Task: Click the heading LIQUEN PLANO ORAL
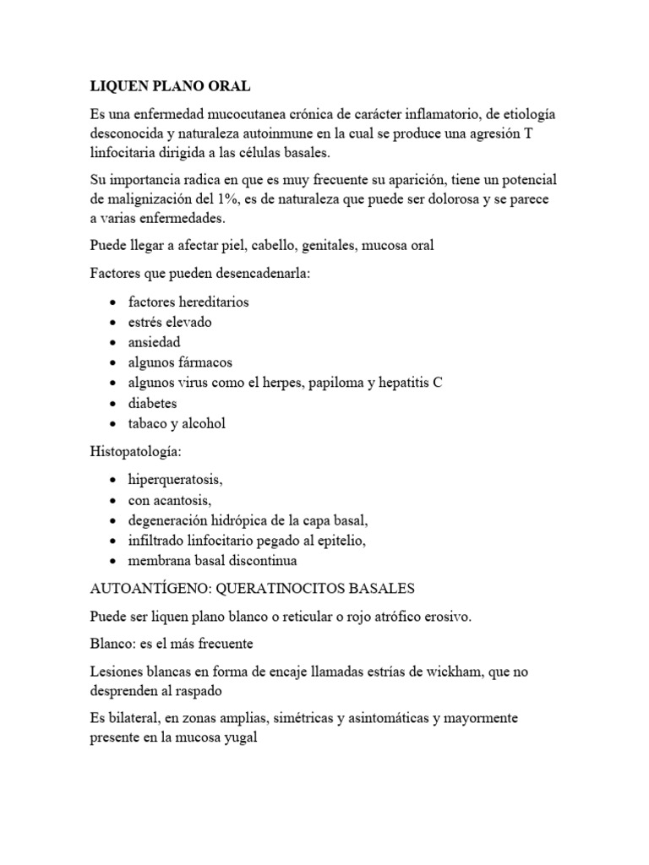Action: tap(170, 87)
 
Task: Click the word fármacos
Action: tap(202, 362)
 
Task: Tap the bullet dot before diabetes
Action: tap(113, 404)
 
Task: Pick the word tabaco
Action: tap(150, 424)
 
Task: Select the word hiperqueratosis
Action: tap(174, 480)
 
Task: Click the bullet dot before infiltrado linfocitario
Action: tap(113, 541)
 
